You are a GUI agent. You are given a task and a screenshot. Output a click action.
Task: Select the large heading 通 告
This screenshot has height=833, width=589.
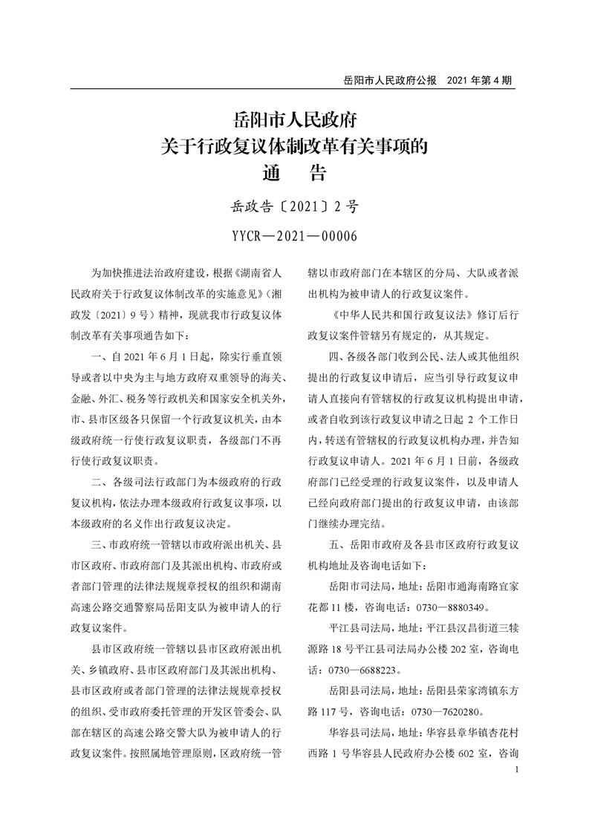[295, 173]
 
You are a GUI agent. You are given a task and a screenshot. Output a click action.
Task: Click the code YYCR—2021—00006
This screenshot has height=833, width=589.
[295, 236]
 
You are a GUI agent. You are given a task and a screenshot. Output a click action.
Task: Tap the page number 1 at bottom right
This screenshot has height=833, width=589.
[515, 771]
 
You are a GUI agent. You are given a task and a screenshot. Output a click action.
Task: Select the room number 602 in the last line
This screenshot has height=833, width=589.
[466, 753]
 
